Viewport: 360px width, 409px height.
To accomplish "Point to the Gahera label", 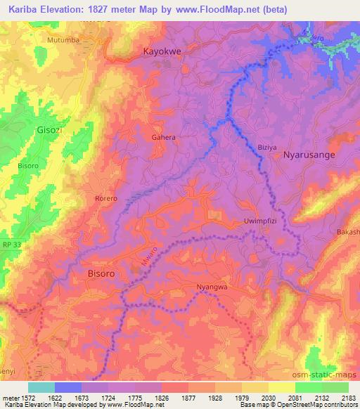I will pos(164,138).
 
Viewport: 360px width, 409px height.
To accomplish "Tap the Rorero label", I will pos(105,199).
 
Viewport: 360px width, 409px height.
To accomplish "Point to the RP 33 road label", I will pos(11,244).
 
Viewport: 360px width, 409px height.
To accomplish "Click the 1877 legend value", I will pos(188,396).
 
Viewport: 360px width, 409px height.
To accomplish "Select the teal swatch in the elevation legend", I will pos(41,387).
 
